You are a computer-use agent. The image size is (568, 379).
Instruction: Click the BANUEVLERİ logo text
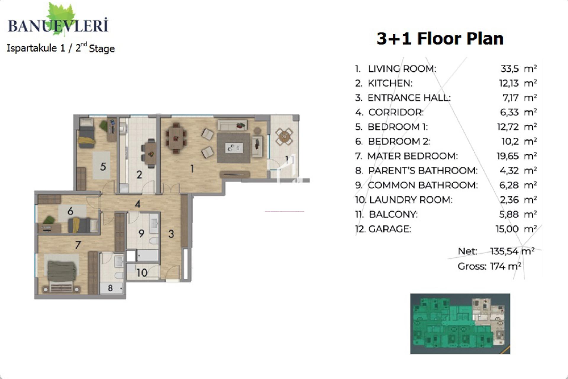click(58, 25)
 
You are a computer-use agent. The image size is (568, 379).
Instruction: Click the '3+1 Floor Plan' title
click(440, 38)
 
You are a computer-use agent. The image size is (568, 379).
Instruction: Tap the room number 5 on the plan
click(103, 166)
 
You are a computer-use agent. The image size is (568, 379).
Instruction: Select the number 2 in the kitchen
click(139, 175)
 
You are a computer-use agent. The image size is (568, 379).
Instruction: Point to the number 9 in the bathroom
click(141, 233)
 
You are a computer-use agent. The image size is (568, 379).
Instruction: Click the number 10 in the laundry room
click(142, 273)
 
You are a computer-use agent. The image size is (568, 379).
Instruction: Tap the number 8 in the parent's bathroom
click(110, 288)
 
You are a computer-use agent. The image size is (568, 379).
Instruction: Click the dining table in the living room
click(177, 139)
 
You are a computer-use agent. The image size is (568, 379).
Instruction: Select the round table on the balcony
click(284, 136)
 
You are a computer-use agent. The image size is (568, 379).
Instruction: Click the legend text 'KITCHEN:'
click(390, 83)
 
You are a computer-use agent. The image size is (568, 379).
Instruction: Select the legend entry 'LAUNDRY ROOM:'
click(411, 200)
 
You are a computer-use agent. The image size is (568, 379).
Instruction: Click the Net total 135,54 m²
click(512, 251)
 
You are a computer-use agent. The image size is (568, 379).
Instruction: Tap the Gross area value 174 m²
click(506, 266)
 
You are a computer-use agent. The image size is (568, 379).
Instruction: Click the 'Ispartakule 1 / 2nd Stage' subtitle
click(61, 48)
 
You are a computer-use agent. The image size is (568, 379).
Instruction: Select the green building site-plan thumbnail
click(460, 324)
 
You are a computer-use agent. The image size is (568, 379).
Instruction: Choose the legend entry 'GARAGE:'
click(390, 229)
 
